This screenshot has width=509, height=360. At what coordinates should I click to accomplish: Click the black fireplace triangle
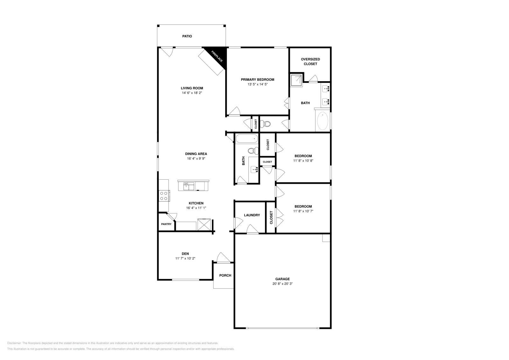coord(220,56)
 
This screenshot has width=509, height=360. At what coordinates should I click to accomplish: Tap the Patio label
coord(187,36)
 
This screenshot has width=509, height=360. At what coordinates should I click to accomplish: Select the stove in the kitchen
coord(164,196)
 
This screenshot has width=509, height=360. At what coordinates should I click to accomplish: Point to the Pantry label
coord(166,224)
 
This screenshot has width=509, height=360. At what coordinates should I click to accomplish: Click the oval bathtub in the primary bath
coord(323,121)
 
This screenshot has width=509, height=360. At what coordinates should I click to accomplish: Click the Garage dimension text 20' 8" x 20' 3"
coord(280,284)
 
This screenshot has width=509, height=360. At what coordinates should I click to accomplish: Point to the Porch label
coord(225,275)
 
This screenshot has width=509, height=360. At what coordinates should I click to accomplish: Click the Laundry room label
coord(252,215)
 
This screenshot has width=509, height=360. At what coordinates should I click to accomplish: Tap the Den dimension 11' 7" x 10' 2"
coord(185,259)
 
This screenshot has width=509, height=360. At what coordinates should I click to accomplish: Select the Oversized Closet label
coord(310,61)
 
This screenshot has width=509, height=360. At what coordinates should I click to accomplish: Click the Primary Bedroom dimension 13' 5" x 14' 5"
coord(257,85)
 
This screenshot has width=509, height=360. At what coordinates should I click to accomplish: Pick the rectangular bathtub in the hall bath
coord(247,139)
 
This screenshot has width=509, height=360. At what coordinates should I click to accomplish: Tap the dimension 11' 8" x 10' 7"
coord(303,211)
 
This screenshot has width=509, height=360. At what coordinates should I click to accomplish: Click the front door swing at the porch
coord(222,257)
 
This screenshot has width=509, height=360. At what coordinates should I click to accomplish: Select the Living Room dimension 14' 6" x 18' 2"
coord(192,93)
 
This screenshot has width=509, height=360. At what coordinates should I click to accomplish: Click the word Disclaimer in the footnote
coord(14,343)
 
